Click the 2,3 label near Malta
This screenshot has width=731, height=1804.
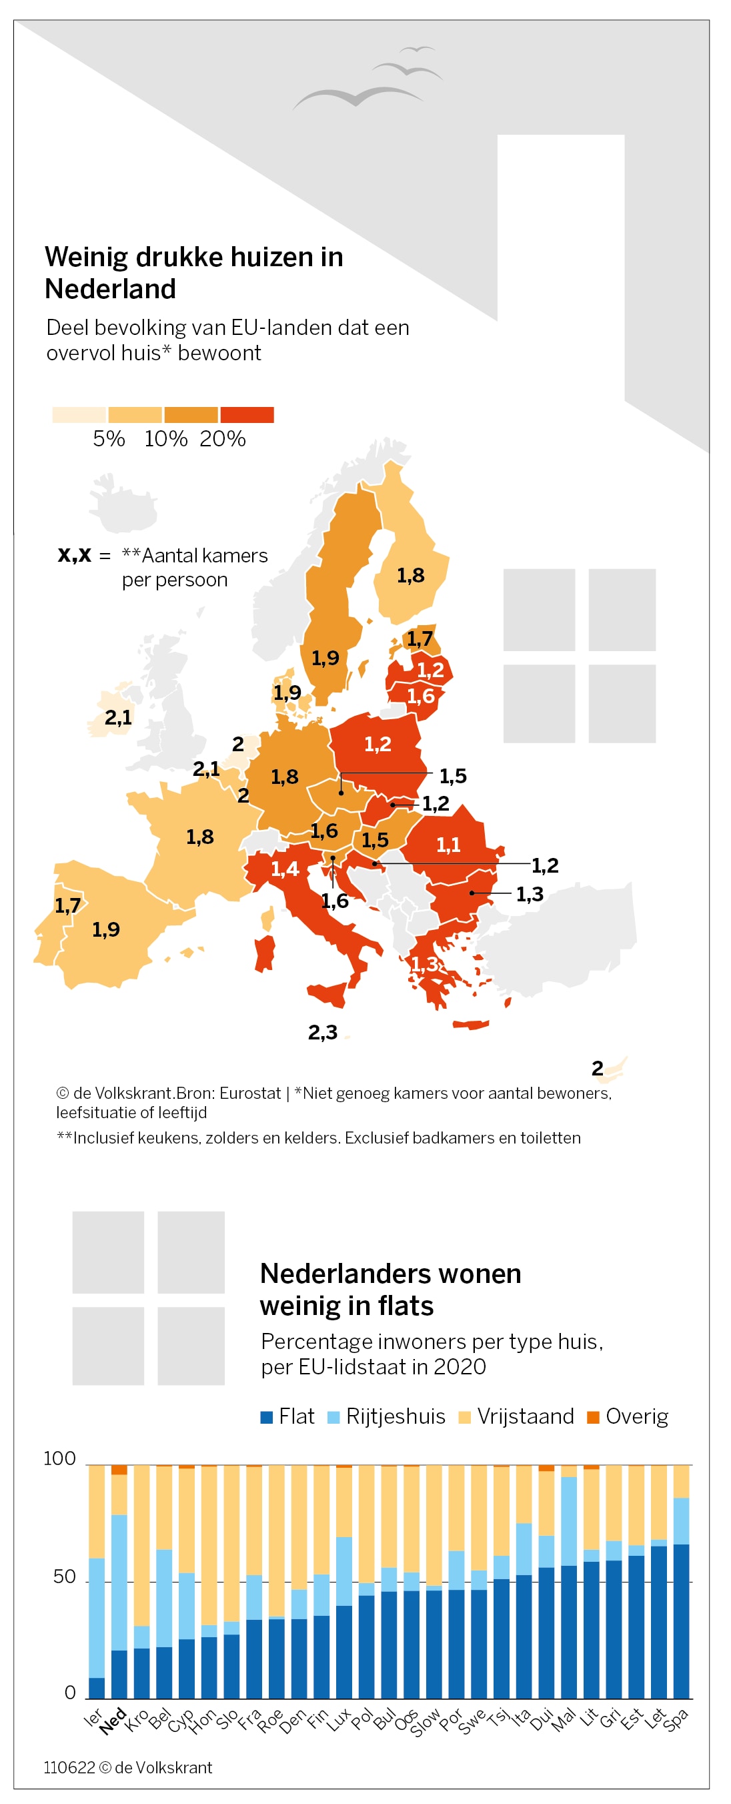(x=323, y=1032)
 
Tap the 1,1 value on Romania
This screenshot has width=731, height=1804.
(x=448, y=845)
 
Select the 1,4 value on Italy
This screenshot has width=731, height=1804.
(x=285, y=869)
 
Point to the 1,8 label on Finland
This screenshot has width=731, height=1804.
(x=410, y=576)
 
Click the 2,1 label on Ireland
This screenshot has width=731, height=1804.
(x=117, y=717)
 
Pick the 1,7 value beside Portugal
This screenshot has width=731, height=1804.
(x=67, y=905)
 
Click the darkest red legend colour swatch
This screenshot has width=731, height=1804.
(x=247, y=414)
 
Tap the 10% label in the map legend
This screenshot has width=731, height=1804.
(x=166, y=439)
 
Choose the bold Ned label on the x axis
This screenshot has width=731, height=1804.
(x=112, y=1721)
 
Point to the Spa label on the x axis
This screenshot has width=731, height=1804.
(x=676, y=1720)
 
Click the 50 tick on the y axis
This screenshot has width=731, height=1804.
(x=65, y=1576)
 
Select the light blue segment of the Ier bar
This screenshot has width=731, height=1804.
(x=97, y=1619)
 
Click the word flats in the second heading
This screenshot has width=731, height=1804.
(x=406, y=1306)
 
